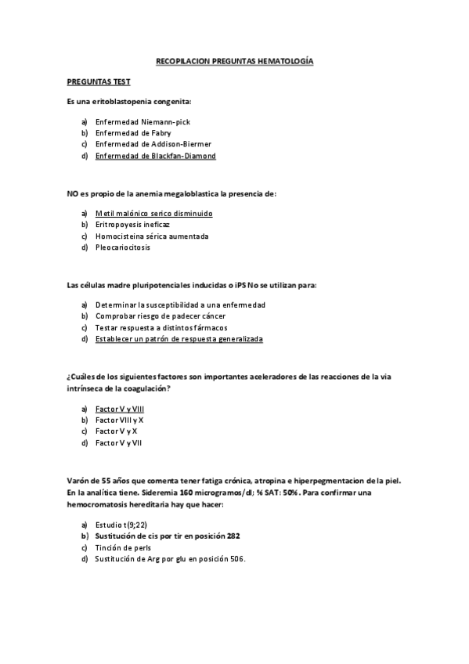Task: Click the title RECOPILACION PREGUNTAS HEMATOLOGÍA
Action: (234, 60)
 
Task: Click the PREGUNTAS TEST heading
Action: (98, 81)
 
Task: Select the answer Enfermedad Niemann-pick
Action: (143, 122)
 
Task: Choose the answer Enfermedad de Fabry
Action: (133, 133)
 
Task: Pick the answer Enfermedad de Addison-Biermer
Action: (153, 144)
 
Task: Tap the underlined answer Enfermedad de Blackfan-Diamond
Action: (155, 156)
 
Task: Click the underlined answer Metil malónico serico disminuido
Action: (153, 214)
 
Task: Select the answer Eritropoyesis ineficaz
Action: (132, 225)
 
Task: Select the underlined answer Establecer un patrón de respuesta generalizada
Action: (179, 339)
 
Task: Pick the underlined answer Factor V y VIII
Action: (119, 409)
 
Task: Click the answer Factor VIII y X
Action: (119, 420)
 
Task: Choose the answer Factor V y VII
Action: (118, 442)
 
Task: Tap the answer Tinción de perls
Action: (123, 547)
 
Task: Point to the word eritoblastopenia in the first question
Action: (132, 102)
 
